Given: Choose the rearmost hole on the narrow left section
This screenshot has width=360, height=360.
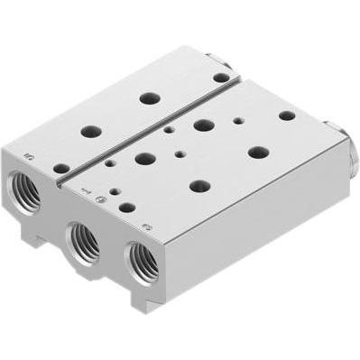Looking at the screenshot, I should pos(220,78).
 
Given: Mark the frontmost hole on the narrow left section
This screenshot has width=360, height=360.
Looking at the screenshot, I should pos(60,168).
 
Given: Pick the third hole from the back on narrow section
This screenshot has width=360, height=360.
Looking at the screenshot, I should pos(89,131).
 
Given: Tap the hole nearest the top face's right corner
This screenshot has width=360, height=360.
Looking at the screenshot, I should pos(286,115).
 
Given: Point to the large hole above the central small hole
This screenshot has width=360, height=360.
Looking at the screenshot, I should pos(202,125).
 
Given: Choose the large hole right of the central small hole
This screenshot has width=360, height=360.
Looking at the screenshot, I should pos(258,152).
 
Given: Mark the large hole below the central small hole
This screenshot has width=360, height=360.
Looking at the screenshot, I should pos(199,186).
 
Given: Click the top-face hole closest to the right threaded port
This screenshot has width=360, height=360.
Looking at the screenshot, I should pos(127,208).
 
